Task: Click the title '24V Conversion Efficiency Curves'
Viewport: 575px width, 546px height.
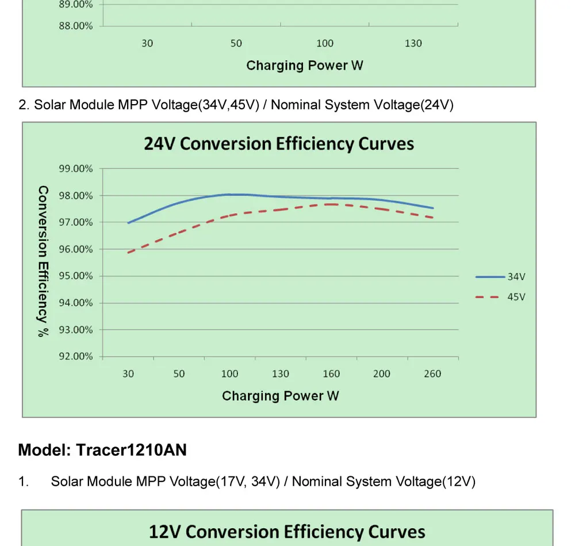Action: tap(279, 144)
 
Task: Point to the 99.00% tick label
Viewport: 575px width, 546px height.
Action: tap(75, 169)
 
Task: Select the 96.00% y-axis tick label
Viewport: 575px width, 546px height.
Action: tap(75, 249)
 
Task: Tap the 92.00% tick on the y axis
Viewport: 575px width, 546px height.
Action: tap(75, 356)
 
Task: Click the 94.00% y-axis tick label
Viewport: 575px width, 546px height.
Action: tap(75, 303)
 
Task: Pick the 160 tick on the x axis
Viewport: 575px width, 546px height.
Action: tap(331, 374)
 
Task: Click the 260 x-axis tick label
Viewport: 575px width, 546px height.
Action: tap(432, 374)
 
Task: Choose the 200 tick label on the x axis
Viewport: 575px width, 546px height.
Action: tap(382, 374)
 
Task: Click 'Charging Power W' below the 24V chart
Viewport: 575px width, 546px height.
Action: tap(280, 396)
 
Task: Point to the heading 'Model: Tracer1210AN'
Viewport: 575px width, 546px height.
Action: tap(102, 450)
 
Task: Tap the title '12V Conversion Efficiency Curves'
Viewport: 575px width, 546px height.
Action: tap(287, 532)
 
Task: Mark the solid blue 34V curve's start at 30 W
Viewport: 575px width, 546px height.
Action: tap(128, 223)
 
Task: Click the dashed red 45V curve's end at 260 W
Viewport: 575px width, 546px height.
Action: tap(432, 217)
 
